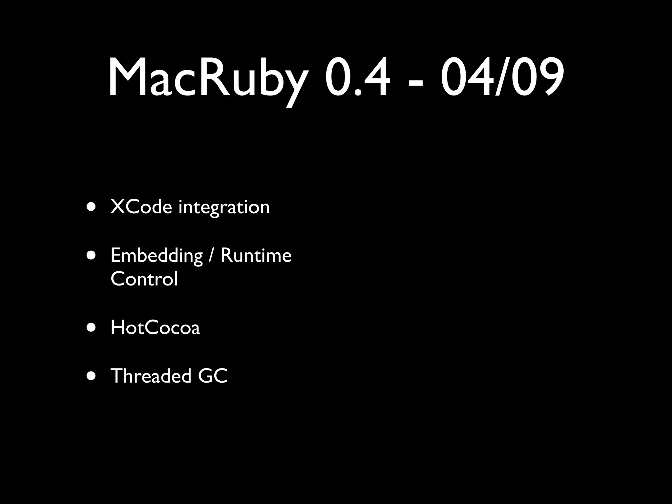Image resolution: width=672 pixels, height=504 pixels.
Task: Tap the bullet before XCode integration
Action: point(92,207)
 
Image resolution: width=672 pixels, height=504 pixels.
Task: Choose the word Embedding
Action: point(157,256)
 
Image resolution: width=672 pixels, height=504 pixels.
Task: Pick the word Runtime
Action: point(256,255)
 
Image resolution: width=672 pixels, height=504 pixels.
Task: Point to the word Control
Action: point(144,279)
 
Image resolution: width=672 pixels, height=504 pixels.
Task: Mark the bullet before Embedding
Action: point(92,256)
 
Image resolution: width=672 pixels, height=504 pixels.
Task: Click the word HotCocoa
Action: point(155,327)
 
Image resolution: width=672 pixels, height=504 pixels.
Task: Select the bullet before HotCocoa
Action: point(92,327)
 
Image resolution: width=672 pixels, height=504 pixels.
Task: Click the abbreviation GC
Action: point(213,376)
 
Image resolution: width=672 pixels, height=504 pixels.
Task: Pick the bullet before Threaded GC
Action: point(92,376)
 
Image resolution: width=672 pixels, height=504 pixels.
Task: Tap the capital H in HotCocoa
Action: point(117,327)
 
